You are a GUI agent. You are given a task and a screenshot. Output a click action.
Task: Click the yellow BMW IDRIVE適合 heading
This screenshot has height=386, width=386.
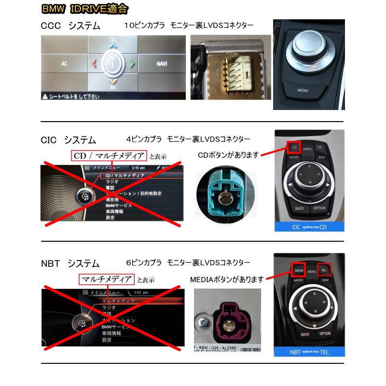tap(84, 9)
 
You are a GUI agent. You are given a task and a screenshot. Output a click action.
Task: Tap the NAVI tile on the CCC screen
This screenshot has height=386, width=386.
tap(162, 64)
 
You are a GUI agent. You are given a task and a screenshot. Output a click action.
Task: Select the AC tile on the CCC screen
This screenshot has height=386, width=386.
tap(64, 64)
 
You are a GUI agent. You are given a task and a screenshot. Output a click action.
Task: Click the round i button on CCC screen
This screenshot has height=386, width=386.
tap(113, 63)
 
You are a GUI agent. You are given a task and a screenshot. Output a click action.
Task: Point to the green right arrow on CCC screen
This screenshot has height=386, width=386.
tap(132, 63)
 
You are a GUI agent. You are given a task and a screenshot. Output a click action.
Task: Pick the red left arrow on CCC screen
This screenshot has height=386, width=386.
tap(94, 63)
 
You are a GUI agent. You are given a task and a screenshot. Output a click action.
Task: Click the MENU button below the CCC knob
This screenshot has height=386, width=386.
tap(303, 90)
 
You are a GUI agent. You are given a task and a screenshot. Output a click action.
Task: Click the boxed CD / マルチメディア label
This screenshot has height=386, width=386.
tap(109, 156)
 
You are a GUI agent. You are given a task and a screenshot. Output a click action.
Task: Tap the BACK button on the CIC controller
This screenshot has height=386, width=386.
tap(299, 209)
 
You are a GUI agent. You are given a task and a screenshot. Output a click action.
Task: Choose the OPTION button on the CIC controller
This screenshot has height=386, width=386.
tap(320, 208)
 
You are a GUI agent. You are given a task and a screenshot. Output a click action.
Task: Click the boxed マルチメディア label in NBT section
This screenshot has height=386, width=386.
tap(107, 279)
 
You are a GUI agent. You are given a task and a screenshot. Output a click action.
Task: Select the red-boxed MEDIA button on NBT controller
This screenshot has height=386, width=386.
tap(298, 270)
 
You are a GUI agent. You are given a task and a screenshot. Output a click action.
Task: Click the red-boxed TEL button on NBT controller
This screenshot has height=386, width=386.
tap(324, 270)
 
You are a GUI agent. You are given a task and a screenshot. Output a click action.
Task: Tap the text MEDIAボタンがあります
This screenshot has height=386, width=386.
tap(227, 279)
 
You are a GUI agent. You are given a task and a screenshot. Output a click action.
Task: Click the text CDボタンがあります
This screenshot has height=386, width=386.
tap(228, 155)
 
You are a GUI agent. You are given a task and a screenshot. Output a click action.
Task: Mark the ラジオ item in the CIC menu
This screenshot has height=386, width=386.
tap(112, 181)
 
